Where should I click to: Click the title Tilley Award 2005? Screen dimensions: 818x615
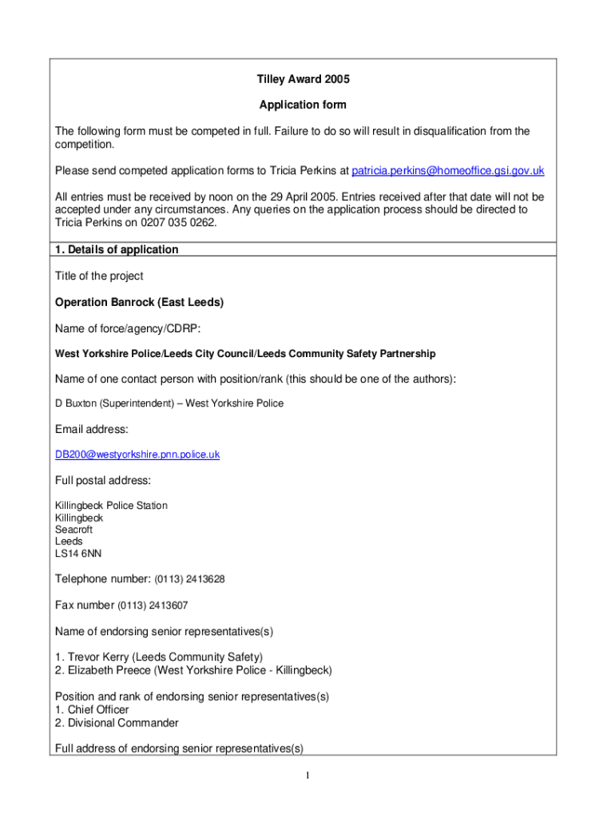(303, 79)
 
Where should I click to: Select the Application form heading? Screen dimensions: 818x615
(303, 105)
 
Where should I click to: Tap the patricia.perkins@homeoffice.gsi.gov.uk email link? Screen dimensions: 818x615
(448, 171)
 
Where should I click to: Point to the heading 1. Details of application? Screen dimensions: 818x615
(117, 249)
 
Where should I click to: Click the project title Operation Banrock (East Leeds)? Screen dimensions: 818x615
(139, 302)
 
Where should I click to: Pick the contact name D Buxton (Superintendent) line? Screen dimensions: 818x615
(169, 403)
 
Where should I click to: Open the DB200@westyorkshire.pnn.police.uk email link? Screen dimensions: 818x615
(137, 455)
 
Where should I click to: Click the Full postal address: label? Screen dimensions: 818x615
(102, 480)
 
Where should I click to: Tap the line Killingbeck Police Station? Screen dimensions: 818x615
(111, 506)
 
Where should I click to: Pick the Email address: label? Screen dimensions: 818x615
(91, 429)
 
